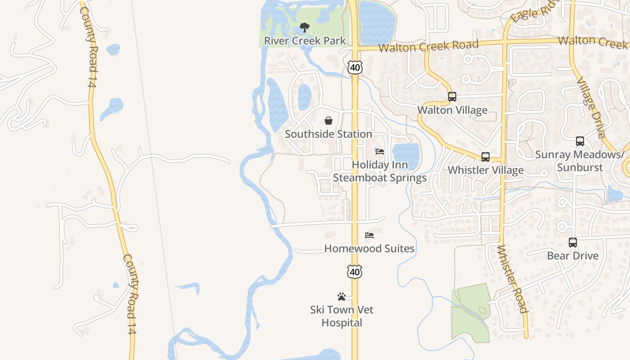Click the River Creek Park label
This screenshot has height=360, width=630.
[x=305, y=40]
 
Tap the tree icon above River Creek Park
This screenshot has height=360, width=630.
[x=305, y=27]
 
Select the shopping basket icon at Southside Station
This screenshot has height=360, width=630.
[x=328, y=121]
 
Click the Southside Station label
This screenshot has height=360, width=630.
[x=328, y=134]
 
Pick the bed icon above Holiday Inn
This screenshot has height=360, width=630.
[x=380, y=152]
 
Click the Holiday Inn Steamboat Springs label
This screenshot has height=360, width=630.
[x=380, y=171]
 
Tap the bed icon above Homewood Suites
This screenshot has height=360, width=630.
[x=369, y=235]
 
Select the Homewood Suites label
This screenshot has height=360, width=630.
[x=369, y=248]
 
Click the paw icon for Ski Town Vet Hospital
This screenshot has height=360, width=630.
[x=342, y=297]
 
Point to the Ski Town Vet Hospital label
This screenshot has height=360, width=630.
[x=342, y=316]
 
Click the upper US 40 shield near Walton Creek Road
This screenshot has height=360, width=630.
[x=355, y=67]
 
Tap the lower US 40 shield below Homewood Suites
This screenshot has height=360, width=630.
[x=355, y=272]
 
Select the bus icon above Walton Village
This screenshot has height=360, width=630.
[x=452, y=97]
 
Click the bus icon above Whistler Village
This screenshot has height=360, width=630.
[x=486, y=157]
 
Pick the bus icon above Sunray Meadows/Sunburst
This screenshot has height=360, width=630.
[x=580, y=141]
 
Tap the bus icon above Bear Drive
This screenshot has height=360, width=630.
[x=573, y=243]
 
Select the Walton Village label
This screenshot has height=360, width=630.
[x=452, y=110]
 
